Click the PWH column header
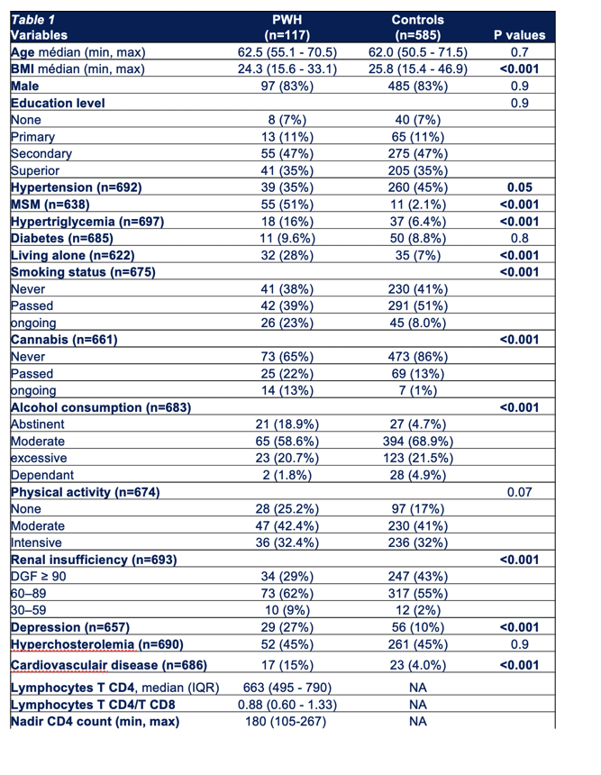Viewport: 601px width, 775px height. click(287, 27)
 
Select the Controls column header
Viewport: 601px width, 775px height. click(417, 27)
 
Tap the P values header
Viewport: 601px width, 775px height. click(519, 35)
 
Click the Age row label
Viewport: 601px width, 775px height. click(23, 52)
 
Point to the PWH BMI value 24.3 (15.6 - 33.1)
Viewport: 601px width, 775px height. click(287, 68)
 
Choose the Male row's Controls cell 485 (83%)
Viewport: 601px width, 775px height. click(417, 86)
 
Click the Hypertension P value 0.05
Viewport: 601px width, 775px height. click(519, 187)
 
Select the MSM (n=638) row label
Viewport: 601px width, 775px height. click(50, 205)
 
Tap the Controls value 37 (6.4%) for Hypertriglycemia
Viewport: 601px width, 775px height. click(417, 222)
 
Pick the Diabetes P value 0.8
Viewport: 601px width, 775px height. click(519, 238)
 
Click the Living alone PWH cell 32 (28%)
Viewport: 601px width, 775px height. click(287, 255)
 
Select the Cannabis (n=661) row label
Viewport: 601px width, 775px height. click(64, 340)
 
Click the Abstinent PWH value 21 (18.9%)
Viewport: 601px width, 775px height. click(287, 424)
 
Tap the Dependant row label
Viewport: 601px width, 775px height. click(42, 475)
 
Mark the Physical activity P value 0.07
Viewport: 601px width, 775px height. click(519, 492)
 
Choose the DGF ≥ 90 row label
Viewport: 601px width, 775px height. click(38, 577)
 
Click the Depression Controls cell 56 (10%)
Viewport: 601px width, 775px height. click(417, 627)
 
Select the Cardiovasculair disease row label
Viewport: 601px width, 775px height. click(109, 665)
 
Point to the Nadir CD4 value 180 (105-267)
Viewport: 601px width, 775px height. click(286, 721)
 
